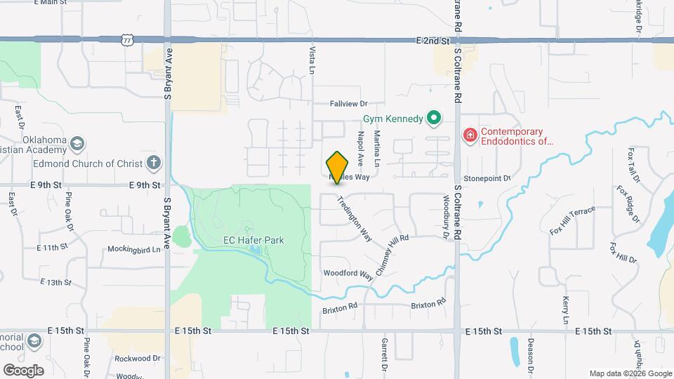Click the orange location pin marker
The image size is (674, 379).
[x=338, y=167]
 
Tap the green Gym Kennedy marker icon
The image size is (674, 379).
[x=435, y=119]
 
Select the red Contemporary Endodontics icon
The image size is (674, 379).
[x=469, y=135]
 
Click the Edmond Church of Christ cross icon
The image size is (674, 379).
[x=154, y=164]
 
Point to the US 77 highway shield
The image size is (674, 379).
[x=127, y=41]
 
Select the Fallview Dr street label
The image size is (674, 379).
[x=349, y=103]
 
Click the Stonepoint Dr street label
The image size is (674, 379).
[x=487, y=178]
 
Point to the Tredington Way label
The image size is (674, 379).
[x=355, y=218]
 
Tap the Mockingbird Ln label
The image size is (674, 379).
[x=134, y=248]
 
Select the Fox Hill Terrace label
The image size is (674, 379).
[x=572, y=220]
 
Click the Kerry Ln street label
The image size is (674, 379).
[x=565, y=310]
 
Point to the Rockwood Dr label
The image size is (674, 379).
[x=138, y=358]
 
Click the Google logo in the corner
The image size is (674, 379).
[x=23, y=370]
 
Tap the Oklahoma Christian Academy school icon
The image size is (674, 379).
[x=77, y=144]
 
